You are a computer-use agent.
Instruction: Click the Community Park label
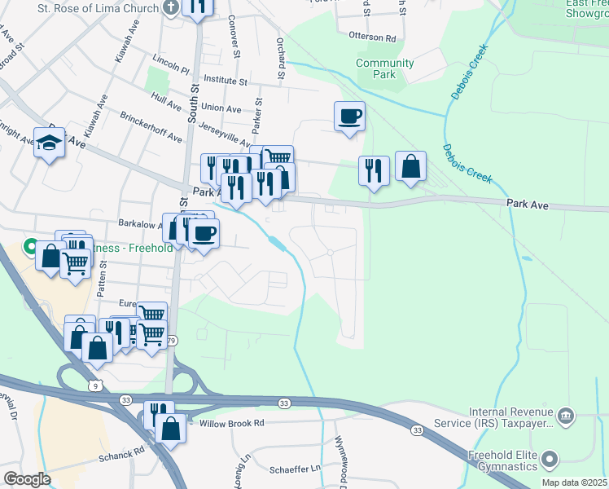tap(384, 68)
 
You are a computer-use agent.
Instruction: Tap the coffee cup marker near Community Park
tap(349, 116)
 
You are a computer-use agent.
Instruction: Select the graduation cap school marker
tap(49, 143)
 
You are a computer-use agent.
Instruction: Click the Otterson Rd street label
tap(371, 37)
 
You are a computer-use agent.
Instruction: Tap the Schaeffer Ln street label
tap(295, 470)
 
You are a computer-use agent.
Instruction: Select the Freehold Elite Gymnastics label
tap(502, 460)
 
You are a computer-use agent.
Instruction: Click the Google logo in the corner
tap(27, 479)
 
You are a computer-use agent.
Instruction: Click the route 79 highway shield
tap(173, 340)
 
